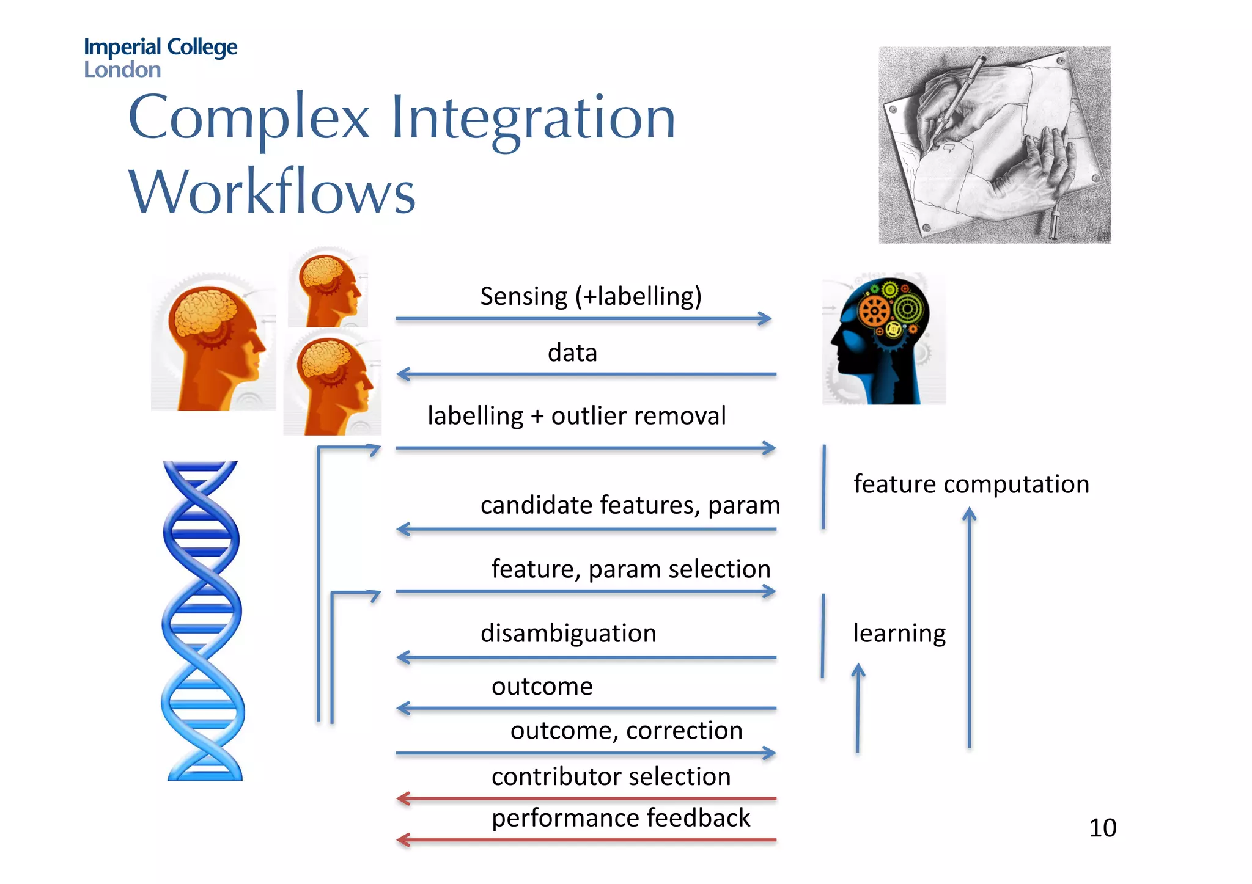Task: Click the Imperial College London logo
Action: [160, 57]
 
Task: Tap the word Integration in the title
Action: [532, 117]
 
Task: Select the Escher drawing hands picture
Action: [994, 145]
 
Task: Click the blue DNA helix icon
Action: [202, 620]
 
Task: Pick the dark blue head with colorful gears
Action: [883, 339]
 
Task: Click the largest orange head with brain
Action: [213, 342]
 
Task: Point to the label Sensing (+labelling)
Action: [591, 296]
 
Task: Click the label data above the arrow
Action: [572, 353]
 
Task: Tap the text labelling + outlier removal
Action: [576, 416]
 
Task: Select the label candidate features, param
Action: [630, 505]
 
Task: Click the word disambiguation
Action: [568, 634]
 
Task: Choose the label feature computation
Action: [971, 484]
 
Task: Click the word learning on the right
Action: [899, 634]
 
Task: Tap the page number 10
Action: [1102, 828]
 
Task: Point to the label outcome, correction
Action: [626, 731]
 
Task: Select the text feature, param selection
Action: [630, 569]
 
